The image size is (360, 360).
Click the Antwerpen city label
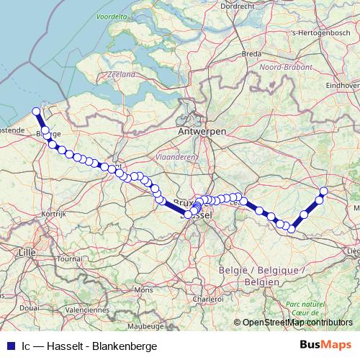coord(202,133)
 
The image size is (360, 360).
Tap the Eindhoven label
coord(342,85)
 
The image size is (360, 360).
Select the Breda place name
coord(251,54)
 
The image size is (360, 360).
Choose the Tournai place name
coord(71,258)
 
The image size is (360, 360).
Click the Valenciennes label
coord(86,310)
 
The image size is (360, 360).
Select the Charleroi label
coord(202,298)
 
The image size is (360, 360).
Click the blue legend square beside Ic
coord(9,346)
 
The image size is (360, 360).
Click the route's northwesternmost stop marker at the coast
coord(36,112)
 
